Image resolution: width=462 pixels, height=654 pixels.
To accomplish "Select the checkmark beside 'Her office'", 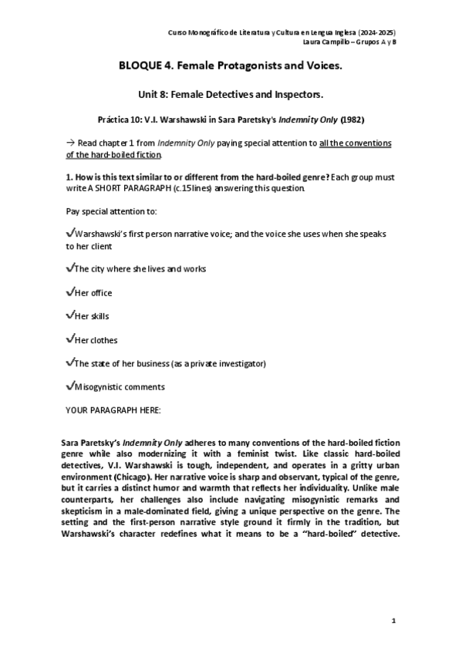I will (70, 292).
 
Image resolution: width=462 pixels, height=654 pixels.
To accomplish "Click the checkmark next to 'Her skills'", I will (70, 315).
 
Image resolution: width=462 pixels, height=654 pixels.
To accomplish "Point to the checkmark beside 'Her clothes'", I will (70, 339).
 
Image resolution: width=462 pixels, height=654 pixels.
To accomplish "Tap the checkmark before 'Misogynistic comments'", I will (70, 386).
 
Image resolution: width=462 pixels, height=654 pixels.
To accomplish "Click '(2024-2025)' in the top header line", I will (376, 32).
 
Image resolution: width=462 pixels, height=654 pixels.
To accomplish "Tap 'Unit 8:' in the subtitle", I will (153, 94).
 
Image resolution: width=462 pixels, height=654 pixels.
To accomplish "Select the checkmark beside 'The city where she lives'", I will (70, 268).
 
